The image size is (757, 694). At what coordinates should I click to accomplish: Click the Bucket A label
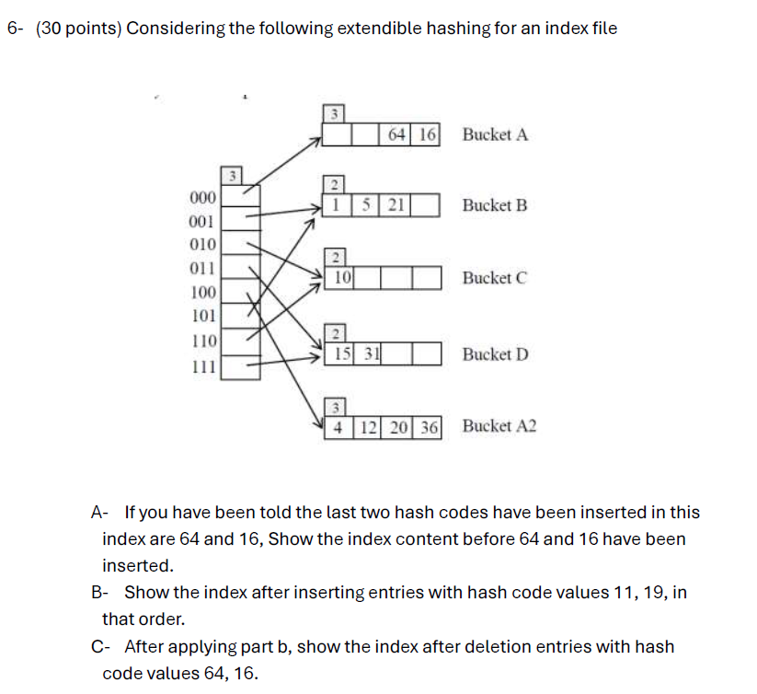pyautogui.click(x=495, y=135)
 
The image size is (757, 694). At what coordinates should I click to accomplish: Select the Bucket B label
pyautogui.click(x=495, y=205)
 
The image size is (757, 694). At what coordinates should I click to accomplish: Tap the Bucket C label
pyautogui.click(x=495, y=277)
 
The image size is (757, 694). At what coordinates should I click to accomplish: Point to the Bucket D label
pyautogui.click(x=495, y=354)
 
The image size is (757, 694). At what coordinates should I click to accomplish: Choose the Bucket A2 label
pyautogui.click(x=499, y=426)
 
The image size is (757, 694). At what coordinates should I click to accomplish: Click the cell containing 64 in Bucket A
pyautogui.click(x=397, y=135)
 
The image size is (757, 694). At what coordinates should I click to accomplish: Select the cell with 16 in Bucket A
pyautogui.click(x=427, y=135)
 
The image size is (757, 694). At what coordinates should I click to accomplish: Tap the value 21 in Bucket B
pyautogui.click(x=396, y=204)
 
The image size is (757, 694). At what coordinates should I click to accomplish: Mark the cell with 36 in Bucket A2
pyautogui.click(x=428, y=427)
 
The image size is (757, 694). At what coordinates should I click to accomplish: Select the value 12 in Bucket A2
pyautogui.click(x=368, y=427)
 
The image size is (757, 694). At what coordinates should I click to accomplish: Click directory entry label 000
pyautogui.click(x=201, y=198)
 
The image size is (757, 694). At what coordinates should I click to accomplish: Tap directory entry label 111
pyautogui.click(x=201, y=366)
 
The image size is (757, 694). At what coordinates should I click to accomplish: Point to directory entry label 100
pyautogui.click(x=201, y=294)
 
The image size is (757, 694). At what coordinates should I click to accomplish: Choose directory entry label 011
pyautogui.click(x=201, y=269)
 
